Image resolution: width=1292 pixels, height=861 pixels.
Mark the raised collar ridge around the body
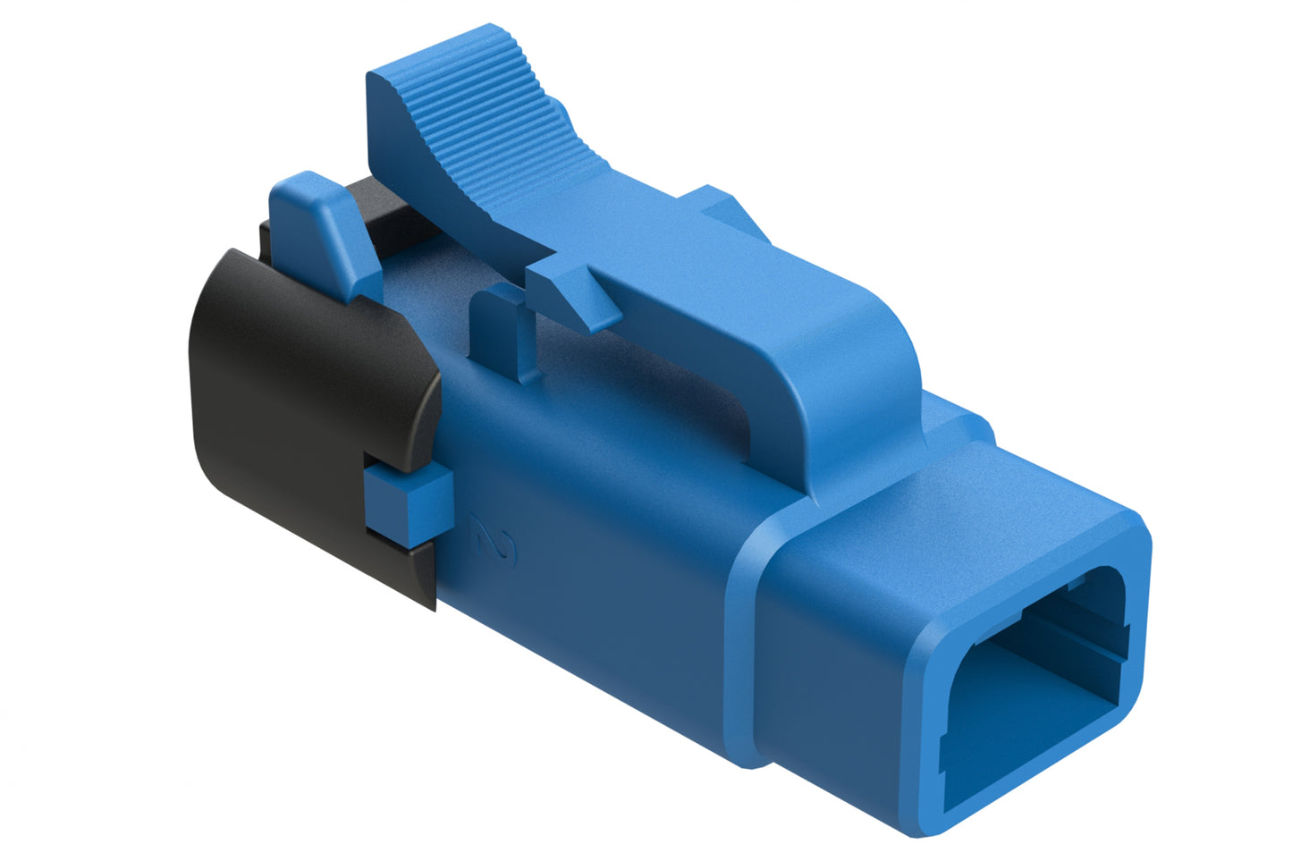pos(742,644)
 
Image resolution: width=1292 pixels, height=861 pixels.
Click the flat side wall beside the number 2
pos(608,581)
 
